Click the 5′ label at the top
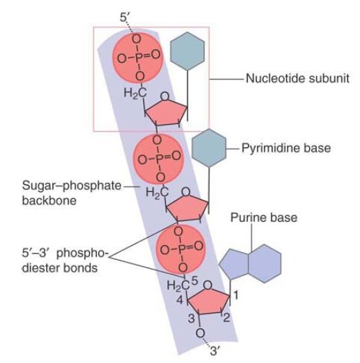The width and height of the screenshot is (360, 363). click(x=125, y=17)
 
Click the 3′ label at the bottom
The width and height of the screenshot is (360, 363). click(x=214, y=351)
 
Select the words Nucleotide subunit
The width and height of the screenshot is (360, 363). click(x=297, y=78)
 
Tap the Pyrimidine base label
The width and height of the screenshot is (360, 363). click(x=286, y=148)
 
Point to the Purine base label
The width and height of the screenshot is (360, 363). click(x=264, y=218)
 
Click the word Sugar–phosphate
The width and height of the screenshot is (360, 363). click(x=71, y=186)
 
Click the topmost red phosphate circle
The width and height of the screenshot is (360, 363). click(x=138, y=58)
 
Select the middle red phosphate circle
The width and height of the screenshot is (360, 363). click(x=159, y=159)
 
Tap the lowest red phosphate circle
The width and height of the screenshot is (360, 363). click(x=181, y=250)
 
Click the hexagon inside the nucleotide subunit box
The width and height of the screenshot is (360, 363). click(x=188, y=51)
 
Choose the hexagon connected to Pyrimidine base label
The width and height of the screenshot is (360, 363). click(x=209, y=148)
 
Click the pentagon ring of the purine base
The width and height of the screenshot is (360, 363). click(x=234, y=264)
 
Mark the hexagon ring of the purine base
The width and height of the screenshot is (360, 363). click(x=265, y=263)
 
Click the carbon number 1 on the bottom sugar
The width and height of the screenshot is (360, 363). click(x=236, y=295)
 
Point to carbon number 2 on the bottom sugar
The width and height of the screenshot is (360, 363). click(x=227, y=318)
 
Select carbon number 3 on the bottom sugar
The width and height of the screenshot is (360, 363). click(x=192, y=318)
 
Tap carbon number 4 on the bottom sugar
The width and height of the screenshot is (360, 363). click(x=180, y=300)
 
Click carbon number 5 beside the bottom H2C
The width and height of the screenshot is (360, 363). click(x=194, y=280)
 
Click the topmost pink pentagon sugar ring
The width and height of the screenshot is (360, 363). click(x=166, y=114)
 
